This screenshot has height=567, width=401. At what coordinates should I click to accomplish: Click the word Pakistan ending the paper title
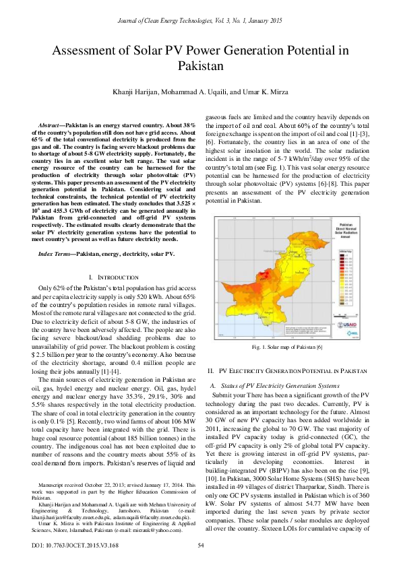[200, 66]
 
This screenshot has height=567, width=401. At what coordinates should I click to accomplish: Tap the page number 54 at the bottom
[200, 545]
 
